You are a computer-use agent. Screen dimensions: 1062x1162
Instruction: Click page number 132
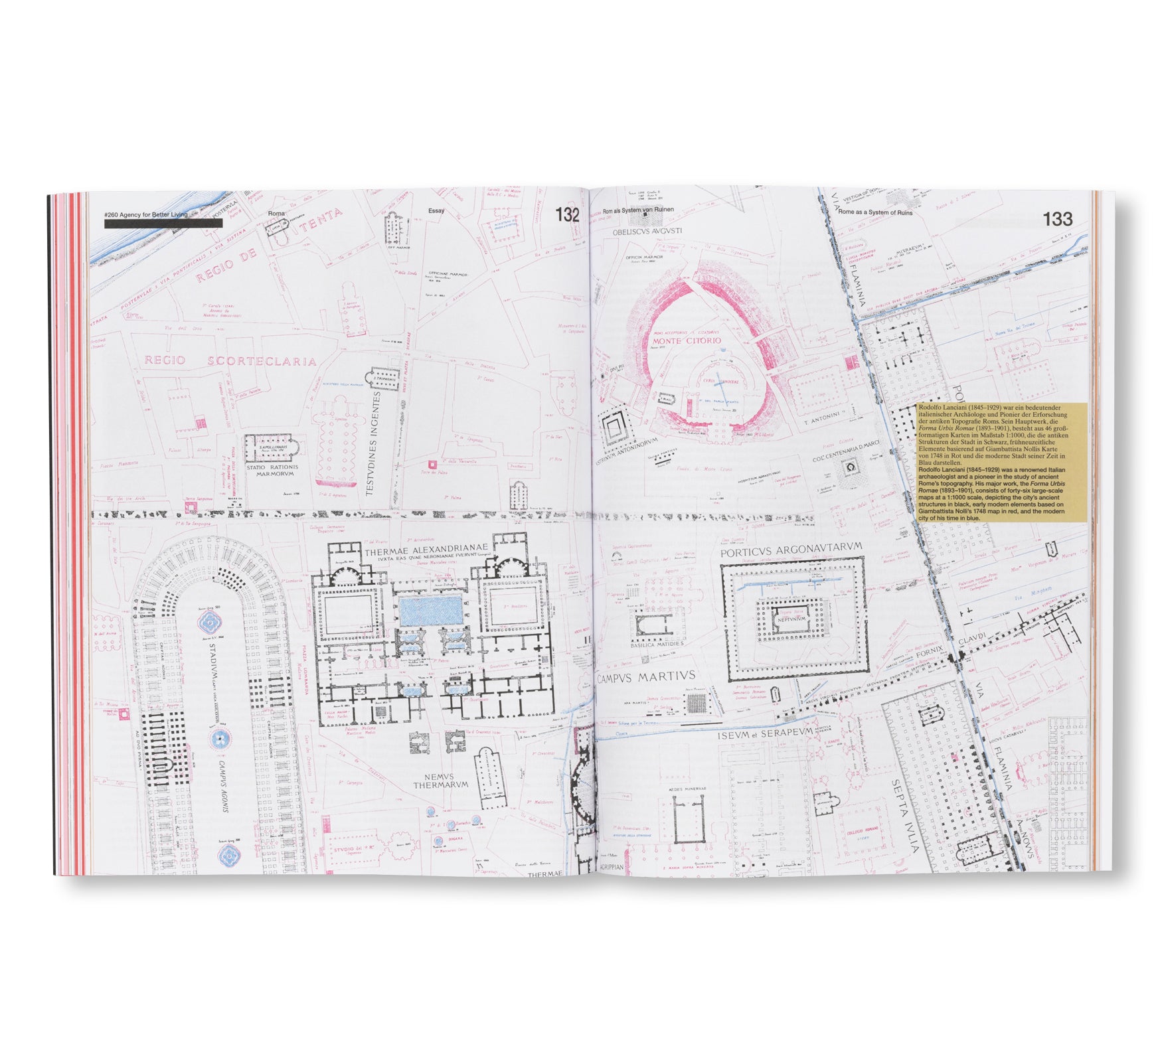pos(567,214)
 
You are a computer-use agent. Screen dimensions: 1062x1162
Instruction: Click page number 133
pos(1057,219)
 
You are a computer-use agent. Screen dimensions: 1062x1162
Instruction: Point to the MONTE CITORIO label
pos(686,341)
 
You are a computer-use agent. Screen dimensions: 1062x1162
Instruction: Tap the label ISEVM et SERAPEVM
pos(764,734)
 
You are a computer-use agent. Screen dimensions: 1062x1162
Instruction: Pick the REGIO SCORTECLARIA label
pos(230,361)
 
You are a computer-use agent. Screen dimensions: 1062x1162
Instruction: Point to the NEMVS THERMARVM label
pos(441,780)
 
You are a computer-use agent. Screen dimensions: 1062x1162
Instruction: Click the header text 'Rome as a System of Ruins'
pos(875,212)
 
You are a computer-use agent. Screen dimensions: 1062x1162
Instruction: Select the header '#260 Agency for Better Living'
pos(145,214)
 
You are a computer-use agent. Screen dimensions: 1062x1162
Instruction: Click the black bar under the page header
pos(163,224)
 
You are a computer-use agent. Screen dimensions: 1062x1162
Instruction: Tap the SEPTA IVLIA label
pos(906,816)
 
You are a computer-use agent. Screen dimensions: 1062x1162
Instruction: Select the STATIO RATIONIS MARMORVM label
pos(272,471)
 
